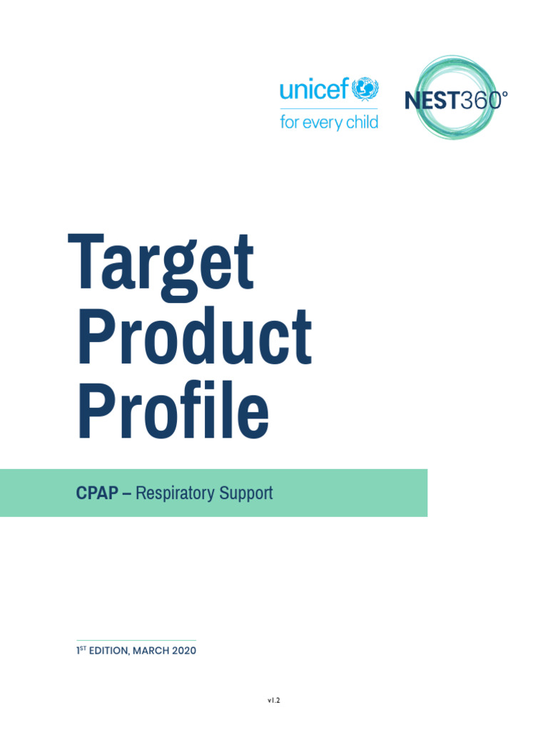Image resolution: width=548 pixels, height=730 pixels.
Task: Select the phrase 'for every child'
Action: point(328,122)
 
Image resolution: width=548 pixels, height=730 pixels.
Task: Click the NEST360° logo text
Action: point(456,100)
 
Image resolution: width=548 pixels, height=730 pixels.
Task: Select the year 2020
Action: point(183,651)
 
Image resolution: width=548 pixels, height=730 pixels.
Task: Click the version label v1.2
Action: point(274,701)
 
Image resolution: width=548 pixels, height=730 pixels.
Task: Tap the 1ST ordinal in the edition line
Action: point(81,650)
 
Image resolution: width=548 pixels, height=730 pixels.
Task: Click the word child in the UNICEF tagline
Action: point(362,122)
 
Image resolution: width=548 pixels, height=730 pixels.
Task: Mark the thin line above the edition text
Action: point(136,640)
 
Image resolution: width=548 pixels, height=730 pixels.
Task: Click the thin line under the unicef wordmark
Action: point(328,109)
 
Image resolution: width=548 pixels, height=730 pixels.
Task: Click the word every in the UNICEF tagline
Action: point(323,123)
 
